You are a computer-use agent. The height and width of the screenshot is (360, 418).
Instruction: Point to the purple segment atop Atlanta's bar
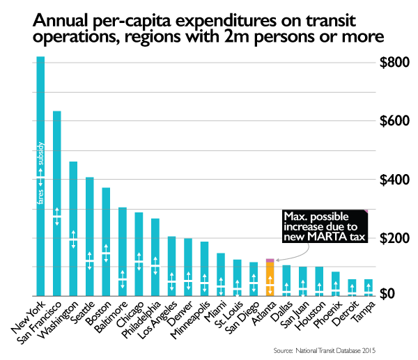[270, 260]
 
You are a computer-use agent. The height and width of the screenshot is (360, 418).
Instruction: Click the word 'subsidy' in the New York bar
[40, 155]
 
